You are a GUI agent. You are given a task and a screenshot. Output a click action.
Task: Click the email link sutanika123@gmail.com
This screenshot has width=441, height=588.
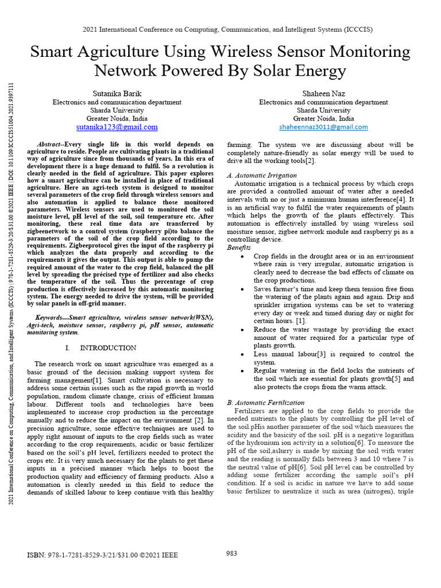tap(117, 127)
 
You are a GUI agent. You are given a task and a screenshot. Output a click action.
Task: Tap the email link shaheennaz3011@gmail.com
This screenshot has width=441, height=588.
tap(323, 127)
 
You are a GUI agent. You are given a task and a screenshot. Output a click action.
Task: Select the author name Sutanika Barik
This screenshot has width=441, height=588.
tap(117, 93)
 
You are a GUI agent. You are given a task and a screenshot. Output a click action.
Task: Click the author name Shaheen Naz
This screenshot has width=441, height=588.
tap(323, 93)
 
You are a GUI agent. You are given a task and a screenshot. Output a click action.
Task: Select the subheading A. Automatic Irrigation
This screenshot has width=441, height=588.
tap(262, 175)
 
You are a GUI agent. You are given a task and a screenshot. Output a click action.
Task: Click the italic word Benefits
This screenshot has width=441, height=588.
tap(239, 247)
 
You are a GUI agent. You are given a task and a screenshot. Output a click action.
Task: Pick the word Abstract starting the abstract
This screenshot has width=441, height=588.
tap(50, 145)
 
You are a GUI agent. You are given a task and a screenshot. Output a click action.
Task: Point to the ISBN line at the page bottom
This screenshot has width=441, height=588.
tap(103, 555)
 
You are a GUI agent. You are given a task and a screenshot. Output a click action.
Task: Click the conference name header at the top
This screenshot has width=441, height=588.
tap(221, 29)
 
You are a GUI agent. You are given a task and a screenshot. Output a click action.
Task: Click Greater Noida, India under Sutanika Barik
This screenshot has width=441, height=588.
tap(117, 119)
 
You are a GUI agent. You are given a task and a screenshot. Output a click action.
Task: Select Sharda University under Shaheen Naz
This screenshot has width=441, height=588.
tap(323, 110)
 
